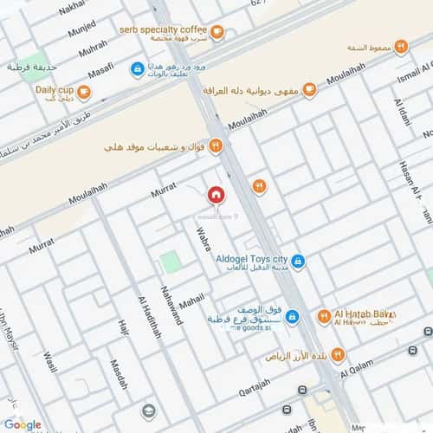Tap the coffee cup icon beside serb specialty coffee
pyautogui.click(x=216, y=33)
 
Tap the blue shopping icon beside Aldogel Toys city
pyautogui.click(x=298, y=260)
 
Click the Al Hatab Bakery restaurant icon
pyautogui.click(x=323, y=316)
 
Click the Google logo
pyautogui.click(x=22, y=423)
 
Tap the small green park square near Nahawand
pyautogui.click(x=171, y=262)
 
